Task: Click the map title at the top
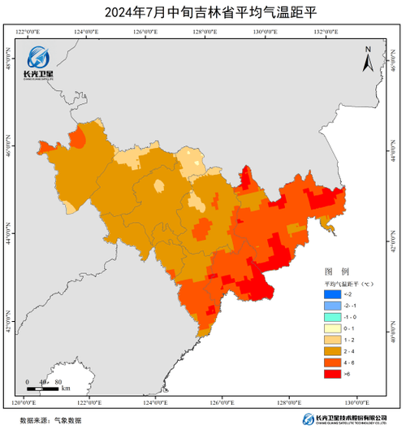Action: tap(203, 11)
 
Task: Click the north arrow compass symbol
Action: tap(368, 59)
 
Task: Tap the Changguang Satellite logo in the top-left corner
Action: tap(38, 62)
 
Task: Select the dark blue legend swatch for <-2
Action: tap(330, 293)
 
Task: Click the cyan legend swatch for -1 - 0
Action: tap(330, 316)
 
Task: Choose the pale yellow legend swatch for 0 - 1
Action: tap(330, 328)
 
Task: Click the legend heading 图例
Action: tap(336, 270)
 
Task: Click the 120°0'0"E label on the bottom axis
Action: tap(29, 403)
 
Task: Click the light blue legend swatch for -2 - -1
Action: tap(330, 305)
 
